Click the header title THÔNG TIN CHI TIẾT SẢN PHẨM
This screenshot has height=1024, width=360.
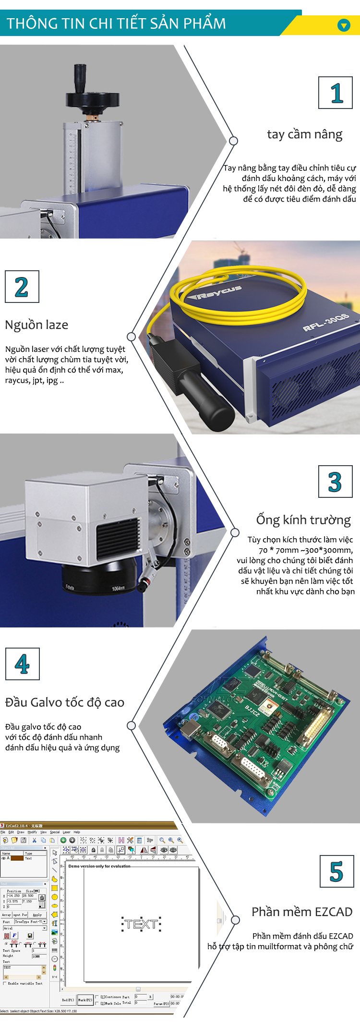coord(116,24)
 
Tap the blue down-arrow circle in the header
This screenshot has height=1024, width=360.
coord(344,25)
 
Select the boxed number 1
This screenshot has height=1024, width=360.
coord(336,93)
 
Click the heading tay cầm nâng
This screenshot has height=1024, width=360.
coord(304,134)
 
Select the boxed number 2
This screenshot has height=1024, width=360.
coord(22,287)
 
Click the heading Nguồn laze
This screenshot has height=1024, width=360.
coord(36,325)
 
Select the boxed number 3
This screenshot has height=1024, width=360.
coord(335,482)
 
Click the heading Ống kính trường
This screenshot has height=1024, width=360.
coord(303,520)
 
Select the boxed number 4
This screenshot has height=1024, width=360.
coord(22,664)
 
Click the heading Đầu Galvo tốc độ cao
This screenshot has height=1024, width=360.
coord(65,702)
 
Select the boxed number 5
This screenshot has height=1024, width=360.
coord(336,871)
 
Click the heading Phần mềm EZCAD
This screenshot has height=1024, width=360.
coord(302,912)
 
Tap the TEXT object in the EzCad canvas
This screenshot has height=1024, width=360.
coord(141,924)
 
